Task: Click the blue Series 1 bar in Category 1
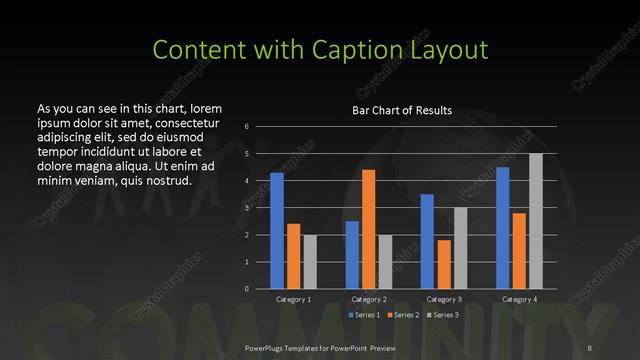(x=277, y=230)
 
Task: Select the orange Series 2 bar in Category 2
(x=368, y=229)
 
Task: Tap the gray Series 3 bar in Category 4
(x=535, y=221)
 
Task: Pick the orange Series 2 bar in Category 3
(x=443, y=264)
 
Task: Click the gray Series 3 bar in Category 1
(x=309, y=262)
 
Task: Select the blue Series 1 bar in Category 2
(x=352, y=255)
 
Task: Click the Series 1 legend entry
(x=361, y=315)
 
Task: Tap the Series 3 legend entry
(x=443, y=315)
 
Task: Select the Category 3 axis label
(x=443, y=299)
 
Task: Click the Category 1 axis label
(x=293, y=299)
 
